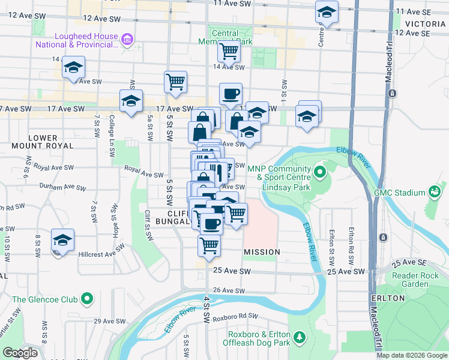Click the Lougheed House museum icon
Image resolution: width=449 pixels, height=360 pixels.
(x=127, y=40)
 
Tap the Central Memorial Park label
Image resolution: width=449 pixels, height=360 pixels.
(x=226, y=37)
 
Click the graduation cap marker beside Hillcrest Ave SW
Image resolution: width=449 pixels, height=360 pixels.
(x=62, y=241)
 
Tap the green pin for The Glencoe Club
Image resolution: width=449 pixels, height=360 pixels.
(x=87, y=298)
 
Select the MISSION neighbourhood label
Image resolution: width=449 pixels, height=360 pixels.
(x=262, y=252)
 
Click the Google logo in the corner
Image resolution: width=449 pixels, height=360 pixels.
(x=20, y=353)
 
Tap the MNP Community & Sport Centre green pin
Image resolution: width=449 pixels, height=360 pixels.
(x=319, y=173)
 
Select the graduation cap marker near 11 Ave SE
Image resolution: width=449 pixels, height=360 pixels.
(x=327, y=13)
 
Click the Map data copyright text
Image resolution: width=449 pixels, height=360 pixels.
(x=411, y=355)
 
